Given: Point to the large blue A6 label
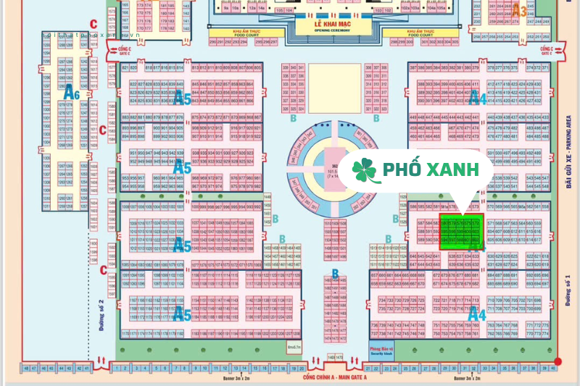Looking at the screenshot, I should coord(71,92).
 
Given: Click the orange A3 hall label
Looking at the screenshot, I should coord(520,10).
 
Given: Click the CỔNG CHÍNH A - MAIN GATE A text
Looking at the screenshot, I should coord(334,378).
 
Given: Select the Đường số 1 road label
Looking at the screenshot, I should coord(568,290).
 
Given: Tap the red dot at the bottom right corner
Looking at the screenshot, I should coord(558,361).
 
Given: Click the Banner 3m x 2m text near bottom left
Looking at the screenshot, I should coord(230,378).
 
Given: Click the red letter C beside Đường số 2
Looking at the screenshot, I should coord(103,270).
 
